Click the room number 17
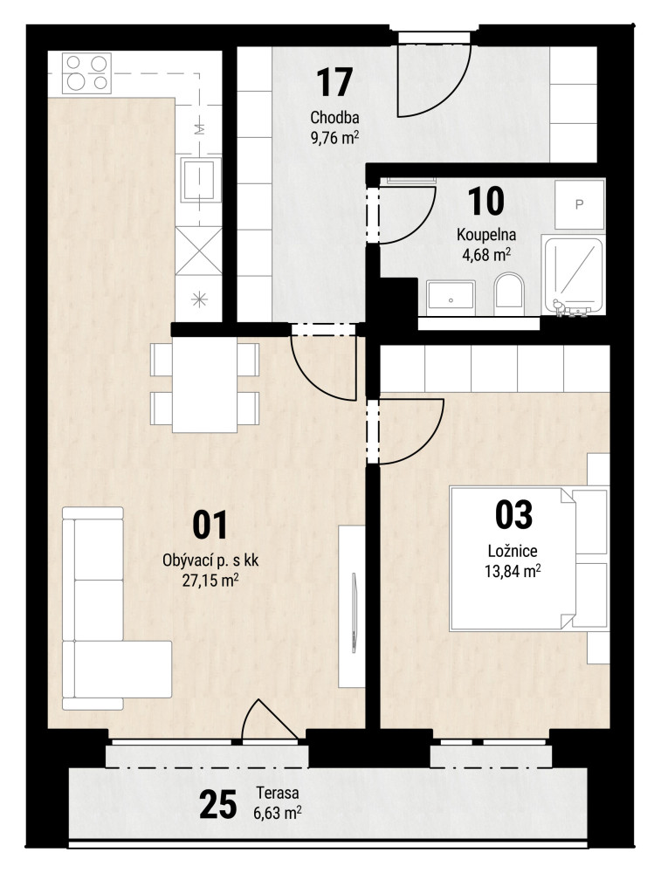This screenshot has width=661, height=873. pyautogui.click(x=334, y=82)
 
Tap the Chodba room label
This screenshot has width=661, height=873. pyautogui.click(x=334, y=118)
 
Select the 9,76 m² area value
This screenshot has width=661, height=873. pyautogui.click(x=334, y=137)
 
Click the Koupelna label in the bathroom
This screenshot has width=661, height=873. pyautogui.click(x=486, y=234)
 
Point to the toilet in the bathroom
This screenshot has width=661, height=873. pyautogui.click(x=509, y=290)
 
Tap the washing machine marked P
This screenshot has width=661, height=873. pyautogui.click(x=579, y=204)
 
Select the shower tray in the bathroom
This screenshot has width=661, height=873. pyautogui.click(x=574, y=276)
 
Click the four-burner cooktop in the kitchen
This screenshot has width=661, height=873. pyautogui.click(x=86, y=73)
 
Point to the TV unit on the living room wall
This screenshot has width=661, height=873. pyautogui.click(x=352, y=607)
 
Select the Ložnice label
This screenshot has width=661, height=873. pyautogui.click(x=513, y=551)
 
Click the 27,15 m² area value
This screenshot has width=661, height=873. pyautogui.click(x=210, y=581)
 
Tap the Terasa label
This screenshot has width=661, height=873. pyautogui.click(x=278, y=793)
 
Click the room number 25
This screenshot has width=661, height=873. pyautogui.click(x=217, y=805)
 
